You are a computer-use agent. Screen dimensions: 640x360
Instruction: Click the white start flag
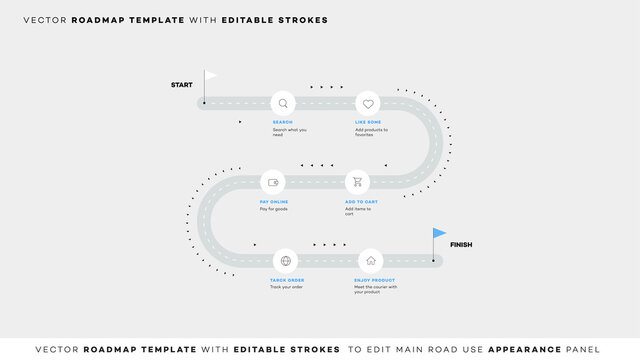211,75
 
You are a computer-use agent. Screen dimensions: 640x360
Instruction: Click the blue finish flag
440,233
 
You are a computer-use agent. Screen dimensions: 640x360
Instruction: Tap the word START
182,85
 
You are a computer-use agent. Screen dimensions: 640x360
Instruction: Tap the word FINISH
461,245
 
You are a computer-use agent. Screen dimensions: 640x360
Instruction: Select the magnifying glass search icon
284,103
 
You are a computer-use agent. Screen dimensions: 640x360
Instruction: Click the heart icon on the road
368,103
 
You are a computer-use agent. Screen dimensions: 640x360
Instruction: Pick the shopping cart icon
357,182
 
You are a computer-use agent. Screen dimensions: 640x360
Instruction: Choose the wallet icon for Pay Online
273,182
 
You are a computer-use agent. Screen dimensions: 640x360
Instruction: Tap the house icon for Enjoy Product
368,260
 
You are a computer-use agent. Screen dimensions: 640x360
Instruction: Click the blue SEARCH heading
282,122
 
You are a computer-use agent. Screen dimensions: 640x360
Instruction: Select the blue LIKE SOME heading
368,122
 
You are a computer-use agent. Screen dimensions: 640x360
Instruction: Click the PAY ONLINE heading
273,201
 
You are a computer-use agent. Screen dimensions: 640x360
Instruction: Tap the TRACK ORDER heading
287,280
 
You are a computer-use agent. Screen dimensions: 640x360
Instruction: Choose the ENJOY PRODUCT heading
374,280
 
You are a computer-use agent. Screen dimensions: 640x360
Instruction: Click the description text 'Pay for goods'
273,208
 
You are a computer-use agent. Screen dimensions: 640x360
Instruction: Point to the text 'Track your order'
286,287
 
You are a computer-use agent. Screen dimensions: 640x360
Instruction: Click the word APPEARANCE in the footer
509,348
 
